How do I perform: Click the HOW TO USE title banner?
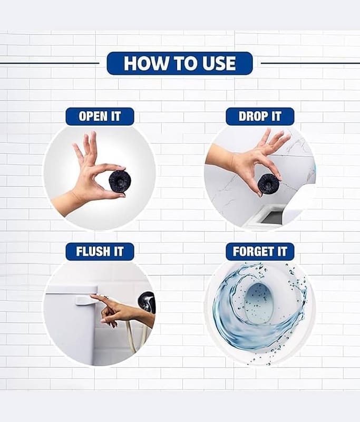180,63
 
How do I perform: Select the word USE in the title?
219,63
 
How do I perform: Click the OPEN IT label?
100,117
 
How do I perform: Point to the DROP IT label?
260,117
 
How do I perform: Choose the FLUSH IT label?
100,252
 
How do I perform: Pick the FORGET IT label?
260,252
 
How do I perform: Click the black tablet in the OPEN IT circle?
118,180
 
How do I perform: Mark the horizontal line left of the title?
50,63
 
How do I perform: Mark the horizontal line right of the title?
310,63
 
